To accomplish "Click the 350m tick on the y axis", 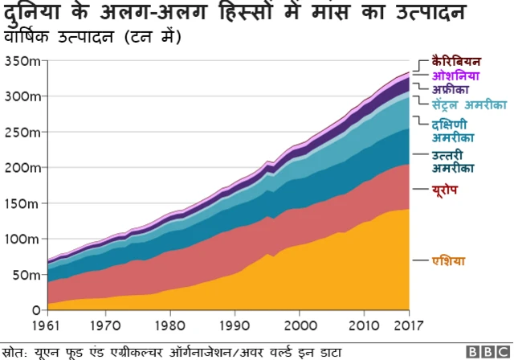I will (x=22, y=61).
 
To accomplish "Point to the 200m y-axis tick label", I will (x=22, y=168).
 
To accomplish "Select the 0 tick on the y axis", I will (x=35, y=310).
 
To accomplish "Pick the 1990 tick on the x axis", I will (x=234, y=325).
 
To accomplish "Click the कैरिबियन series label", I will (x=455, y=60).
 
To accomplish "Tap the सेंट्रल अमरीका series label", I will (x=469, y=105).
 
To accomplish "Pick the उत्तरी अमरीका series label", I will (x=452, y=161).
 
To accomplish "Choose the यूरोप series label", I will (x=445, y=189).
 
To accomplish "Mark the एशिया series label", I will (x=448, y=260).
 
